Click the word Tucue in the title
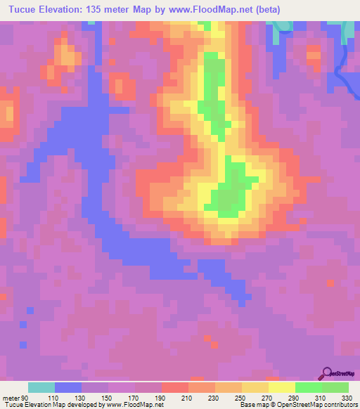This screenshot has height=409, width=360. [x=23, y=11]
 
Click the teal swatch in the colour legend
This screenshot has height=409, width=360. [x=41, y=387]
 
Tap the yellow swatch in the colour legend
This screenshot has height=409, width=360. [x=282, y=387]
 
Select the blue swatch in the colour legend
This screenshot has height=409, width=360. [x=68, y=387]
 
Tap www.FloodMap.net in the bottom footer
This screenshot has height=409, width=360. [x=134, y=405]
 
